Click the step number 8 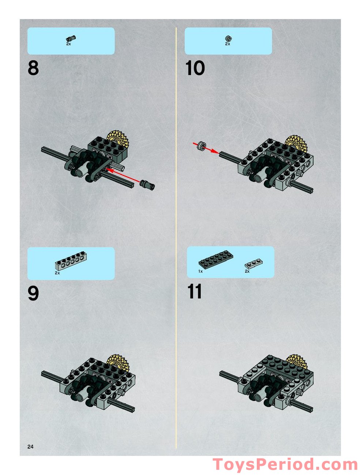(x=33, y=68)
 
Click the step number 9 (x=33, y=293)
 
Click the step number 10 (x=195, y=68)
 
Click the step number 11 (x=194, y=292)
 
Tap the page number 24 (x=30, y=446)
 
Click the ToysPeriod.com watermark (x=285, y=464)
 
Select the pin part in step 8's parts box (x=70, y=38)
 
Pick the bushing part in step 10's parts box (x=228, y=38)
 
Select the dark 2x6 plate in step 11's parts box (x=216, y=260)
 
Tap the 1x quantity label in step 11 (x=200, y=271)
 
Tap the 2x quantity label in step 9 (x=57, y=273)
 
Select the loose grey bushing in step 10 (x=200, y=146)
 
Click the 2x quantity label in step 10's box (x=227, y=44)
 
